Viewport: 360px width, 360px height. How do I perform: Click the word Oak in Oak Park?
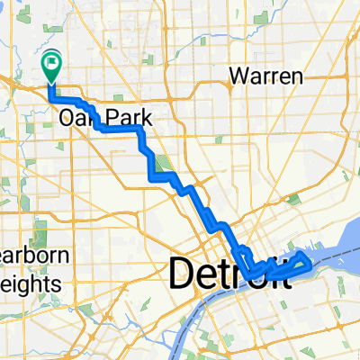76,118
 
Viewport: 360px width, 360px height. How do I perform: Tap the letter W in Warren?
238,76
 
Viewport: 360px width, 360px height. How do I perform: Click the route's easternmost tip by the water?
310,263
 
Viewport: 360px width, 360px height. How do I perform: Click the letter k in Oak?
89,118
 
